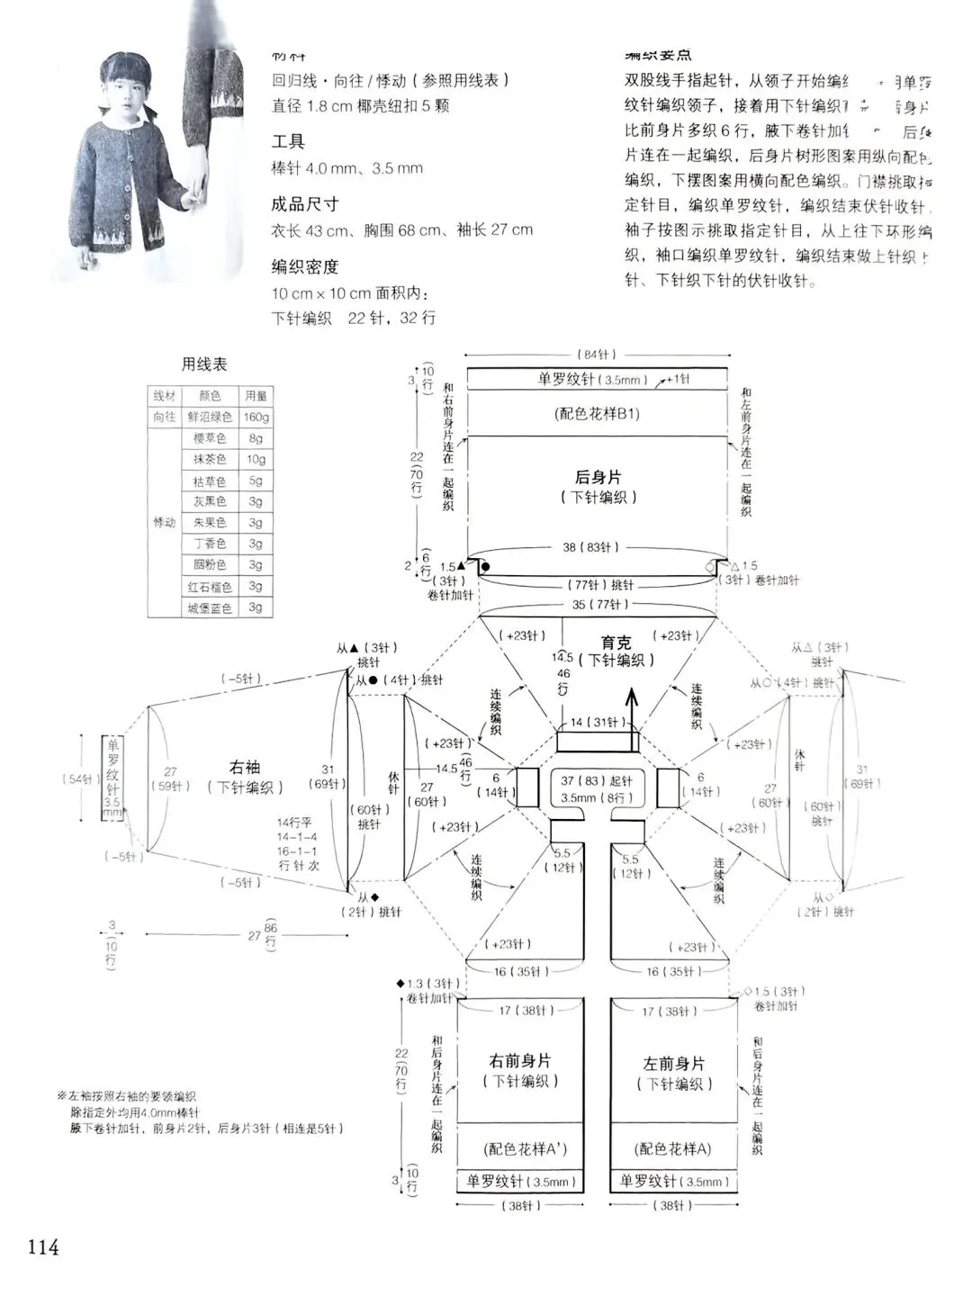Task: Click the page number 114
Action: click(x=43, y=1246)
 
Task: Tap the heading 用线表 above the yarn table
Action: click(x=204, y=364)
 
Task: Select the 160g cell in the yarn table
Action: click(x=256, y=417)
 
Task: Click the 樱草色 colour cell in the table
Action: click(x=210, y=438)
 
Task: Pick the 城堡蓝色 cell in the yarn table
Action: click(x=210, y=608)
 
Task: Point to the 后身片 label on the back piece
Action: click(x=598, y=477)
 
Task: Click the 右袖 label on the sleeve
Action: click(x=244, y=767)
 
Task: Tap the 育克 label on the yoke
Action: click(x=616, y=643)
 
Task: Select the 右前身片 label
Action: click(x=520, y=1061)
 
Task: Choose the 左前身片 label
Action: click(x=674, y=1064)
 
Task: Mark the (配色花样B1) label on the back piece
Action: click(x=598, y=414)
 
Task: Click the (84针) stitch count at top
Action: click(x=597, y=355)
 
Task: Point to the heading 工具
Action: click(x=288, y=141)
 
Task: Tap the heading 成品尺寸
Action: click(x=305, y=204)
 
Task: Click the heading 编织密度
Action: click(x=305, y=266)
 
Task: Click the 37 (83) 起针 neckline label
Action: click(x=597, y=780)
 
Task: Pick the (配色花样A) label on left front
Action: click(x=673, y=1148)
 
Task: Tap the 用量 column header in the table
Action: click(x=256, y=396)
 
